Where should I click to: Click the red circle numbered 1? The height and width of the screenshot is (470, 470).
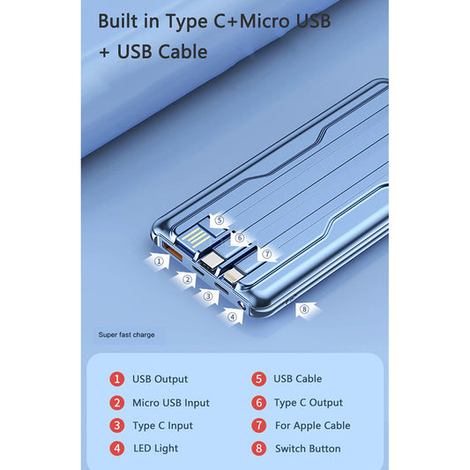point(117,379)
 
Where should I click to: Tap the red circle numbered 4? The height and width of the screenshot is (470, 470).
point(117,449)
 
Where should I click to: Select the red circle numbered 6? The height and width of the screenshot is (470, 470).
point(258,403)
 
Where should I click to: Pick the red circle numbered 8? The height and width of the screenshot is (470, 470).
point(258,449)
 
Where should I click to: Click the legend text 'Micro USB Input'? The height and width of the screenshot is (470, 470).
point(171,403)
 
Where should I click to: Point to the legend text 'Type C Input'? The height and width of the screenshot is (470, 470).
point(163,426)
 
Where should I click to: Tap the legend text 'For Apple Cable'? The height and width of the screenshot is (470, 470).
point(313,425)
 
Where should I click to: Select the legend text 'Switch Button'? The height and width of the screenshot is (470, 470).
point(308,449)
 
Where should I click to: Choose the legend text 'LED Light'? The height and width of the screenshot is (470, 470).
point(155,449)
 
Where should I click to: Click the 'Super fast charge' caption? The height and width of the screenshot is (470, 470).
point(126,335)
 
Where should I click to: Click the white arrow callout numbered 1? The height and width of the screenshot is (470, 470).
point(158,261)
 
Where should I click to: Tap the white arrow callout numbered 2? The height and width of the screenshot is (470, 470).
point(185,280)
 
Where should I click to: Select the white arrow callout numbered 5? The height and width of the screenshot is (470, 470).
point(220,221)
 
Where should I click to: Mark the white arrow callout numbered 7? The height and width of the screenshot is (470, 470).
point(267,255)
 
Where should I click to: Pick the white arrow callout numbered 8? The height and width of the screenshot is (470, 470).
point(305,309)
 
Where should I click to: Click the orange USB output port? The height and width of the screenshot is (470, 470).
point(172,250)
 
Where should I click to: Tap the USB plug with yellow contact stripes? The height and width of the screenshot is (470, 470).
point(197,237)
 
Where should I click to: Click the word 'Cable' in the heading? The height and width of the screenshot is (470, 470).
point(183,51)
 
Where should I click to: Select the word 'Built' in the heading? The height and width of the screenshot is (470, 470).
point(118,21)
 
